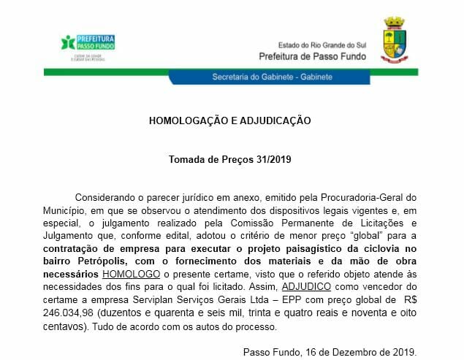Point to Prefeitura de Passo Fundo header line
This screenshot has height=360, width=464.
(x=316, y=55)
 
